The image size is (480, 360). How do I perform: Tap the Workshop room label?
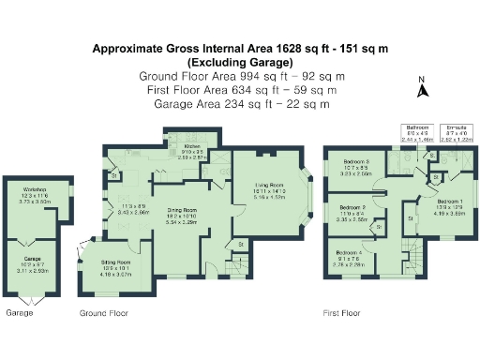click(35, 194)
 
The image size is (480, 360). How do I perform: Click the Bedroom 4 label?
click(347, 253)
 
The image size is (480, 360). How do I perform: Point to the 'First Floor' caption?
click(343, 312)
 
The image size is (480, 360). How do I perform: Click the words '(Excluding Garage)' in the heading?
click(240, 61)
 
